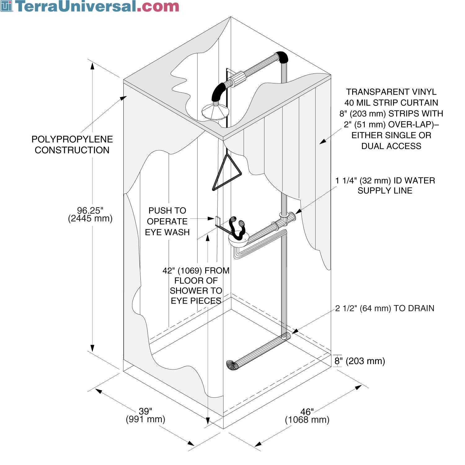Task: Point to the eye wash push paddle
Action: pos(218,221)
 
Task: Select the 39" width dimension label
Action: pos(145,415)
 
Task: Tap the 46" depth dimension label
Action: pos(307,416)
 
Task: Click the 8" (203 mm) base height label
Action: pos(360,361)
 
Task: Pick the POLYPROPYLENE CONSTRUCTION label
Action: pos(72,144)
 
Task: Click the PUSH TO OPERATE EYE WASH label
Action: pos(167,221)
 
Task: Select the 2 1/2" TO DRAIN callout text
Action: pos(384,308)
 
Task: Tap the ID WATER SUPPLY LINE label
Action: pos(385,185)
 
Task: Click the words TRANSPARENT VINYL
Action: pos(391,92)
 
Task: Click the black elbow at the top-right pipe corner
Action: pos(282,57)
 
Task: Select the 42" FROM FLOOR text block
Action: pos(196,286)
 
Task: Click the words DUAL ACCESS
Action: pos(391,146)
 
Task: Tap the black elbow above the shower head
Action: pos(219,91)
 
